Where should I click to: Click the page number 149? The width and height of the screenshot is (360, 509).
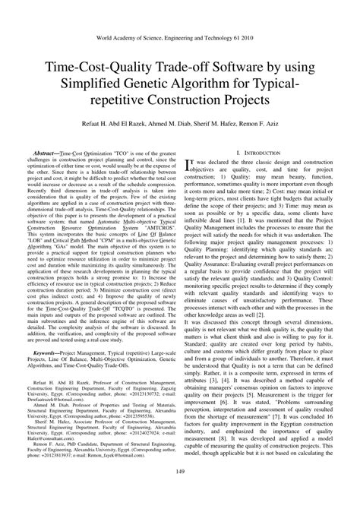point(180,495)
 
